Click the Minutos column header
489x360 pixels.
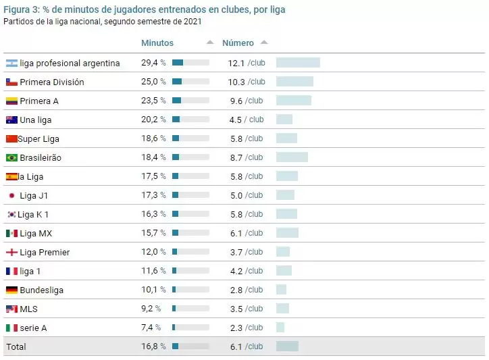(157, 43)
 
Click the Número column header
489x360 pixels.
(238, 43)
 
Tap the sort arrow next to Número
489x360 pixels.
(264, 43)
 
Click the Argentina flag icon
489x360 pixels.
(11, 63)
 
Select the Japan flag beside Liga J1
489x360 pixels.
(11, 195)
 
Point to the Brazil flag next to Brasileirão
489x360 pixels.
(11, 157)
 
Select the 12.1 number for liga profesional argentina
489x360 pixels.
(236, 63)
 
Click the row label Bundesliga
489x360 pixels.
(41, 290)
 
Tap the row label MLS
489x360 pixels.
(29, 309)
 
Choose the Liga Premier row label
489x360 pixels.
(45, 252)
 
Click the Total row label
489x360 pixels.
(16, 346)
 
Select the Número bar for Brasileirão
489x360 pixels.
(292, 157)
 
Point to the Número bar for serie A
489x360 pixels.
(280, 328)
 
